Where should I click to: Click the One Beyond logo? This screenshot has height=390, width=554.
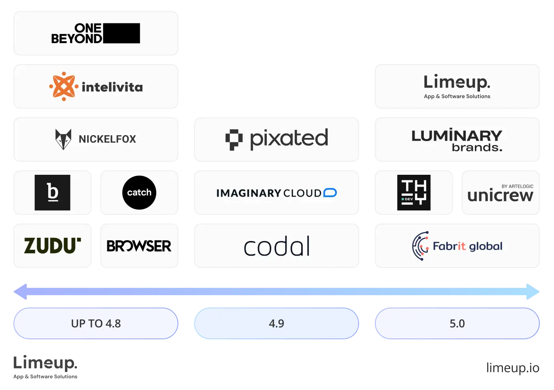pos(95,33)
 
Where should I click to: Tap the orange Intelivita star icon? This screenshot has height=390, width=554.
pos(64,86)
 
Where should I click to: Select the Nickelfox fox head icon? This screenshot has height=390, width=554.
pos(63,139)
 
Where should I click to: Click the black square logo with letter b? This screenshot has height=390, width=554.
pos(52,193)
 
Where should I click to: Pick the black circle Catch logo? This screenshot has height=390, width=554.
pos(139,193)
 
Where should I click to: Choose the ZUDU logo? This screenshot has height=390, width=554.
pos(52,246)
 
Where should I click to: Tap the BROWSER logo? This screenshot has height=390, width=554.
pos(139,246)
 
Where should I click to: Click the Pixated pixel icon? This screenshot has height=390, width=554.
pos(233,140)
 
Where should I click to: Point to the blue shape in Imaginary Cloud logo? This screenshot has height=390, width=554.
pos(330,193)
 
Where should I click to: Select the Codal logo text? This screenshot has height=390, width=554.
pos(277,247)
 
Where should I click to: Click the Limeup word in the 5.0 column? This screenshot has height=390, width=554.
pos(457,82)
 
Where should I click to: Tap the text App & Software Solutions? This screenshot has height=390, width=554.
pos(457,96)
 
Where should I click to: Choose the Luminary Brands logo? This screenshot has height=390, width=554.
pos(457,140)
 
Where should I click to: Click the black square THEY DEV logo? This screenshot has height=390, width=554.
pos(414,193)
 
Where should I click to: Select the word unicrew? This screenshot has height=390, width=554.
pos(500,196)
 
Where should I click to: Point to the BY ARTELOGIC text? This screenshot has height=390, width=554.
pos(517,186)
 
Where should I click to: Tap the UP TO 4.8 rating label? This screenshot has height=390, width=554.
pos(96,323)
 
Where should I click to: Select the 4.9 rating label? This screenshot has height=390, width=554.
pos(276,323)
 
